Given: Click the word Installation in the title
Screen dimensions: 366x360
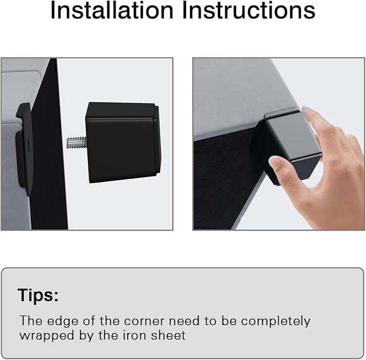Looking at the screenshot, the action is coord(112,10).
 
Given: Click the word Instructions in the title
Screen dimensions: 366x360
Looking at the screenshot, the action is coord(248,10).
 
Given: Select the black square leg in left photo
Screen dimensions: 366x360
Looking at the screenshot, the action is coord(123,142).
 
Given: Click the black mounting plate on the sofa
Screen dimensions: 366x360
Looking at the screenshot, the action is coord(24,150).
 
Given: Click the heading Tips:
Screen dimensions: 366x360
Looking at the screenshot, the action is coord(38,295).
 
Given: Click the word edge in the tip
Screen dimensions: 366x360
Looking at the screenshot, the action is coord(63,321).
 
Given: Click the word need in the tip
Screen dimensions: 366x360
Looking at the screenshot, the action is coord(184,321).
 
